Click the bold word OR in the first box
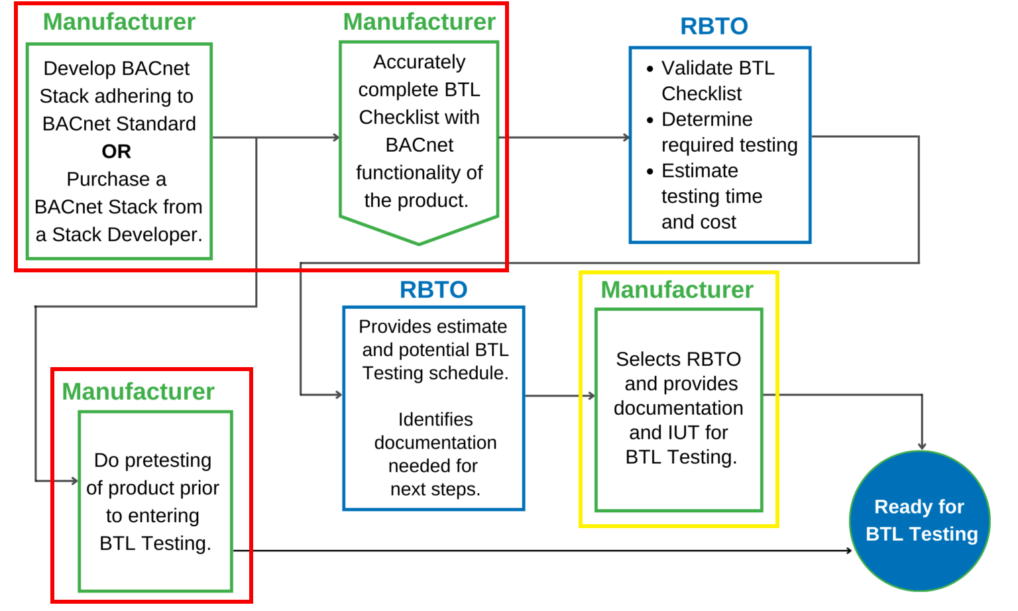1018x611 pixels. tap(117, 152)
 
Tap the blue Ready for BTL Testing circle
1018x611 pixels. tap(920, 521)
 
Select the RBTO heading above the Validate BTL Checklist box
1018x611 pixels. tap(714, 27)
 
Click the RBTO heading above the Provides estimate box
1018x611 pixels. tap(433, 290)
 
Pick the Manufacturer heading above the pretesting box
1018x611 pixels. tap(138, 392)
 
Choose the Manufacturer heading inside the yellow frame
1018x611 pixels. tap(677, 290)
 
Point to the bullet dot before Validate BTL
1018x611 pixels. tap(650, 69)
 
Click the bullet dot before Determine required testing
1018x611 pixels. tap(650, 120)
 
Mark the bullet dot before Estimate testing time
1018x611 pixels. tap(650, 171)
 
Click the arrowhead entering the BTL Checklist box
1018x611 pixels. tap(337, 138)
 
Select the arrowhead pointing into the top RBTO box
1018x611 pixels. tap(627, 138)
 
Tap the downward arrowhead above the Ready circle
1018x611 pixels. tap(922, 446)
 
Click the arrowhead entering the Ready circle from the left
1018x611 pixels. tap(848, 550)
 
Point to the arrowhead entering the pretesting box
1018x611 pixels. tap(75, 480)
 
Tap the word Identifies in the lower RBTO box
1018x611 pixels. tap(435, 419)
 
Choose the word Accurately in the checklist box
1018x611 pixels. tap(419, 62)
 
